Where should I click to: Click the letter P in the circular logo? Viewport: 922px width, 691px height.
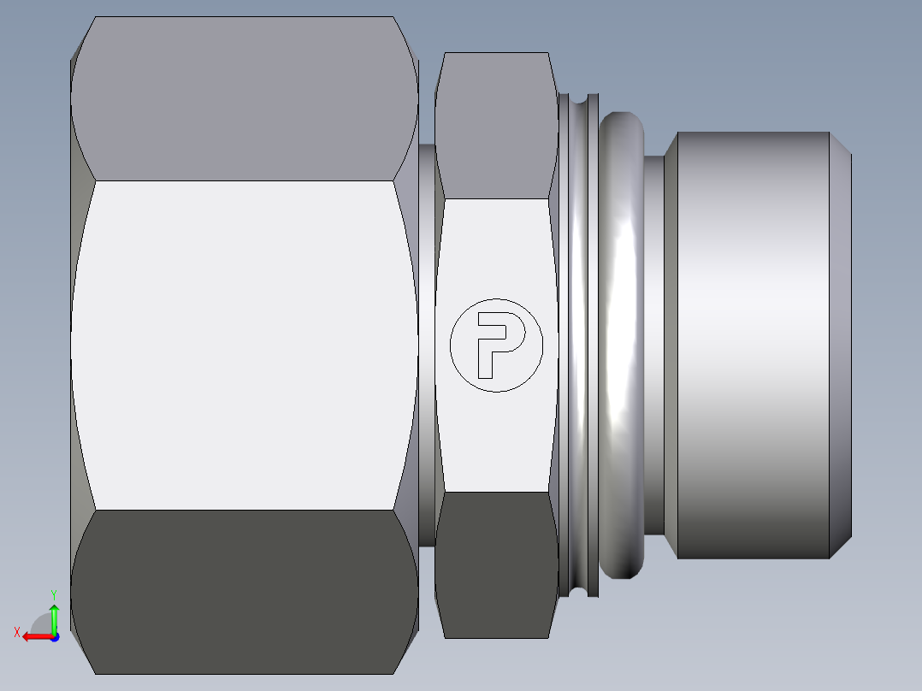point(496,343)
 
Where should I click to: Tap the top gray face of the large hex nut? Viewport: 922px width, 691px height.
point(244,98)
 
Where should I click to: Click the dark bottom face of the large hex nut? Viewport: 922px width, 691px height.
point(244,590)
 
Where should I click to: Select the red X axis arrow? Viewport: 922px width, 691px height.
point(34,636)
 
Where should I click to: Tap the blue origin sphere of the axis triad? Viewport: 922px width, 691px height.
point(54,636)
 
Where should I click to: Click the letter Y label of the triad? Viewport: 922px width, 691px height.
point(53,594)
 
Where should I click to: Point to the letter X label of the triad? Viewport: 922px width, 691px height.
point(16,633)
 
